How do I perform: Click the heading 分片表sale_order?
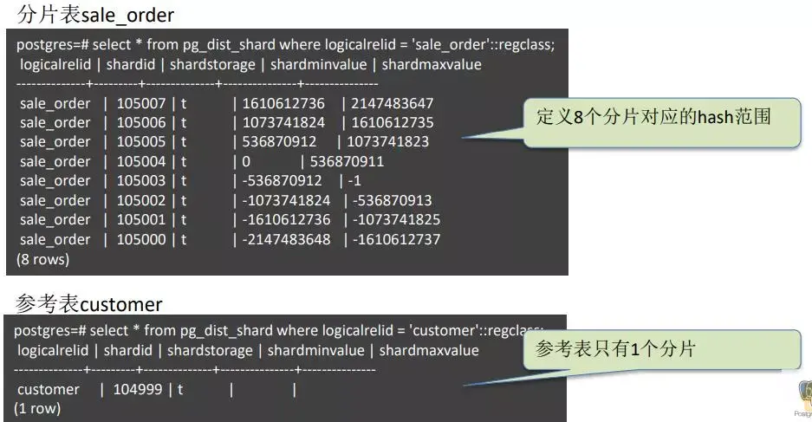coord(101,15)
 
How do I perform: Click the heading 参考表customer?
coord(88,303)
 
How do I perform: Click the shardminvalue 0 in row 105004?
coord(246,161)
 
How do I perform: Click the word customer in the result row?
coord(49,389)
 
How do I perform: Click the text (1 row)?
coord(37,408)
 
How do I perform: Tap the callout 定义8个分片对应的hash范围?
coord(653,116)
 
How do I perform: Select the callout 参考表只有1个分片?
coord(616,349)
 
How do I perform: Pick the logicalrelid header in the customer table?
coord(55,350)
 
